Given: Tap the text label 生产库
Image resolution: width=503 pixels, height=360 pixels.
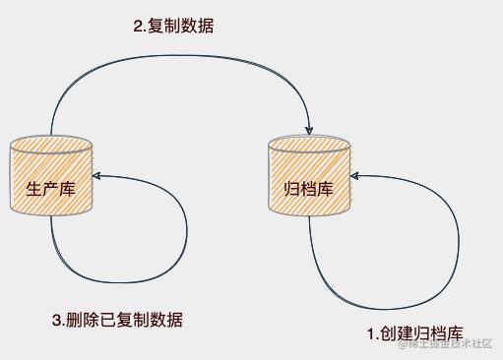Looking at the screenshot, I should coord(50,187).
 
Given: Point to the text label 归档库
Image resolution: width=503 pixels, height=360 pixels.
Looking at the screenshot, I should coord(308,187).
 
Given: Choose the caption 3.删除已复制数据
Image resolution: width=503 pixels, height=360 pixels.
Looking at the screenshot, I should coord(116,320).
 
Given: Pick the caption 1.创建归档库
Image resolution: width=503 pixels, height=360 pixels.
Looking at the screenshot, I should coord(414,334).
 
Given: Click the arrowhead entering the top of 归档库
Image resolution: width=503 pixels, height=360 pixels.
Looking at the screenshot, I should coord(310,129).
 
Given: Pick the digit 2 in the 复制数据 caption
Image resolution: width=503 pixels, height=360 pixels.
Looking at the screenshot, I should coord(137,28).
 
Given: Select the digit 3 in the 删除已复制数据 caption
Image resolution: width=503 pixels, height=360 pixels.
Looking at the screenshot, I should coord(55,320).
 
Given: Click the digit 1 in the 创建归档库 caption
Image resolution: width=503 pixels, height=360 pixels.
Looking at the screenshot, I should coord(371,334).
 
